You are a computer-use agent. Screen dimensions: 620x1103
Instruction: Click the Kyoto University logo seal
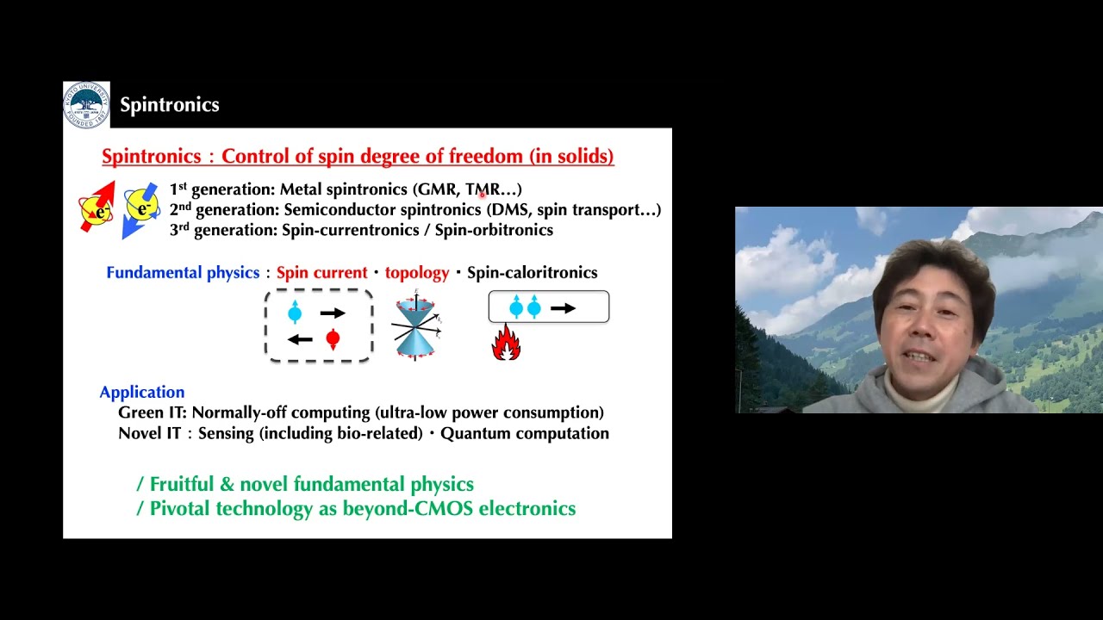click(86, 104)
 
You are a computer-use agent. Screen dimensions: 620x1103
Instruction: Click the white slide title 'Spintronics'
click(170, 105)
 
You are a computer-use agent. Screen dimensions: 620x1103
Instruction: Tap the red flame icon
click(506, 343)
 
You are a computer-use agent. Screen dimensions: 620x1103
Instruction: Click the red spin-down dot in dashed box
click(333, 339)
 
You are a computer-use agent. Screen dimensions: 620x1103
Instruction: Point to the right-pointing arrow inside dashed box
click(333, 313)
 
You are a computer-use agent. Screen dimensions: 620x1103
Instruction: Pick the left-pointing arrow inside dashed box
click(299, 339)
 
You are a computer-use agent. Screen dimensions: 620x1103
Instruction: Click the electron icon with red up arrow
click(96, 208)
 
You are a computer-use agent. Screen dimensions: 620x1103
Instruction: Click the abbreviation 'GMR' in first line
click(437, 189)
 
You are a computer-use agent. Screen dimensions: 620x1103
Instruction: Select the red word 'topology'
click(417, 273)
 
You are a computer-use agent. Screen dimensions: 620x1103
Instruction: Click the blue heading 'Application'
click(142, 392)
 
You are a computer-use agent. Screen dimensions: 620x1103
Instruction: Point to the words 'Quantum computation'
click(525, 433)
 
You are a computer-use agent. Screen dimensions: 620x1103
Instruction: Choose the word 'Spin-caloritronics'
click(532, 273)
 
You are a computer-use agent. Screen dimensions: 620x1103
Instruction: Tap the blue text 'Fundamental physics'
click(183, 273)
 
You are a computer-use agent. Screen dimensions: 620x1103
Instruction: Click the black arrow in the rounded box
click(563, 307)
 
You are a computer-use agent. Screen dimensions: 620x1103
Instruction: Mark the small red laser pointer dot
click(483, 195)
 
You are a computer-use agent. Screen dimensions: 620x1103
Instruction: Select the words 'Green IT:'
click(152, 412)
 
